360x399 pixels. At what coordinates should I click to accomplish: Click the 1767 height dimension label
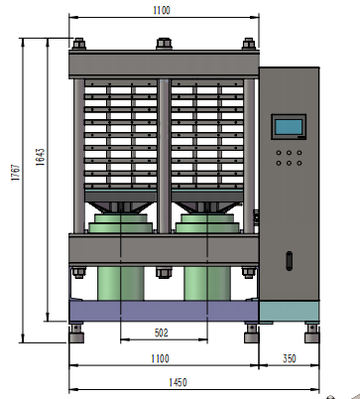pos(16,172)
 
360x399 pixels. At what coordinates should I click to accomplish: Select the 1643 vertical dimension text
pos(41,157)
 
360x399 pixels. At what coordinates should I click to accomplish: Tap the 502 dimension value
pos(162,332)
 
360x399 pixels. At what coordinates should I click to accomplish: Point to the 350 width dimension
pos(289,358)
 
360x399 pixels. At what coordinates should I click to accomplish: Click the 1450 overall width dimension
pos(178,382)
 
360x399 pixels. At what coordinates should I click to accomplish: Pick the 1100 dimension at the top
pos(162,10)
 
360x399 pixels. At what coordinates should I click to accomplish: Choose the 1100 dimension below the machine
pos(161,358)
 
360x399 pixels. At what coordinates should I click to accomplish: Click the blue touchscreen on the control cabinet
pos(289,127)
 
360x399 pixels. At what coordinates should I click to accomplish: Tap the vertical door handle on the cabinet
pos(290,261)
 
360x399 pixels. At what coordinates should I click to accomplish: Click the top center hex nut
pos(164,44)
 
